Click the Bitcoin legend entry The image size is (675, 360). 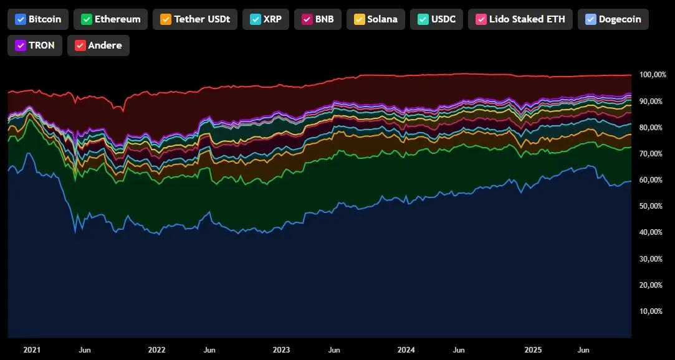pyautogui.click(x=38, y=19)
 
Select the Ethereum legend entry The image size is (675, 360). pyautogui.click(x=110, y=19)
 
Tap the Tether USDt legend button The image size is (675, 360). pyautogui.click(x=194, y=19)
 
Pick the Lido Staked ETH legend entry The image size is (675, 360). pyautogui.click(x=520, y=19)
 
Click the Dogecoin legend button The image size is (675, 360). pyautogui.click(x=613, y=19)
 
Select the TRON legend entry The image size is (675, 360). pyautogui.click(x=35, y=45)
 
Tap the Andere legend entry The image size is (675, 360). pyautogui.click(x=98, y=45)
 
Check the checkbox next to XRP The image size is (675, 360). pyautogui.click(x=254, y=19)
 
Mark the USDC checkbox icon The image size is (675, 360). pyautogui.click(x=421, y=19)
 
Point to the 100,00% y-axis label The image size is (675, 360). pyautogui.click(x=653, y=75)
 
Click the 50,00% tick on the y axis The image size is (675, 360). pyautogui.click(x=651, y=206)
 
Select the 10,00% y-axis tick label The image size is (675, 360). pyautogui.click(x=651, y=311)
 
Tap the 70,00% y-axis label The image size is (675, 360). pyautogui.click(x=651, y=154)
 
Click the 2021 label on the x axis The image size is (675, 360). pyautogui.click(x=32, y=350)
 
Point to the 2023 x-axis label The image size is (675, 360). pyautogui.click(x=282, y=350)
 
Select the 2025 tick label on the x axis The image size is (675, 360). pyautogui.click(x=532, y=350)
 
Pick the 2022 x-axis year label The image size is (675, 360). pyautogui.click(x=156, y=350)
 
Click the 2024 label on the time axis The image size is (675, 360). pyautogui.click(x=406, y=350)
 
